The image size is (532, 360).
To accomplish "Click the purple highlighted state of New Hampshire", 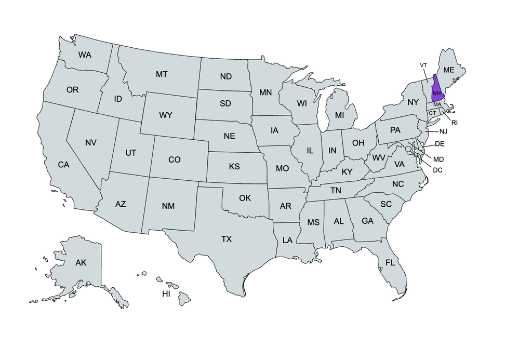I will [x=437, y=89].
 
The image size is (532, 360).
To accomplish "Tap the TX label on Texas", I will [x=227, y=239].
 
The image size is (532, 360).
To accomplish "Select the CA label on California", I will [x=63, y=165].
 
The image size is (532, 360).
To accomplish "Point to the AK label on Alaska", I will [x=81, y=262].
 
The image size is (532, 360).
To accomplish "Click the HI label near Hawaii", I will [x=166, y=294].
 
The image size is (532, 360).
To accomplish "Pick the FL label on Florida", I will [x=390, y=263].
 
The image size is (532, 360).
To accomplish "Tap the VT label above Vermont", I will [x=423, y=65].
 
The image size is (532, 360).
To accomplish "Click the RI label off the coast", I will [x=454, y=123].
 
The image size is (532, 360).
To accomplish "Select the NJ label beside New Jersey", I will [x=443, y=131].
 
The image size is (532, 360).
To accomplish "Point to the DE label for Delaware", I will [x=439, y=144].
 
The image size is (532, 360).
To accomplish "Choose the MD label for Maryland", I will [x=438, y=159].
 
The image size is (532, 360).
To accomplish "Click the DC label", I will [x=437, y=170].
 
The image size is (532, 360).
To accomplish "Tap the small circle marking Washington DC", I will [x=409, y=149].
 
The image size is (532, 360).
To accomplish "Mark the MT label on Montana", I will [x=162, y=74].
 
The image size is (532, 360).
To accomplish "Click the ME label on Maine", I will [x=449, y=70].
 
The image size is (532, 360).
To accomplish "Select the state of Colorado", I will [x=175, y=159].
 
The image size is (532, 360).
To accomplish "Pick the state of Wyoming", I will [x=165, y=115].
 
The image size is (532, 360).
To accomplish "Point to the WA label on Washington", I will [x=85, y=55].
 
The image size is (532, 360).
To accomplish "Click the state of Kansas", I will [x=234, y=167].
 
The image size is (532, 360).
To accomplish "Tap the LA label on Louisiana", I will [x=287, y=240].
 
